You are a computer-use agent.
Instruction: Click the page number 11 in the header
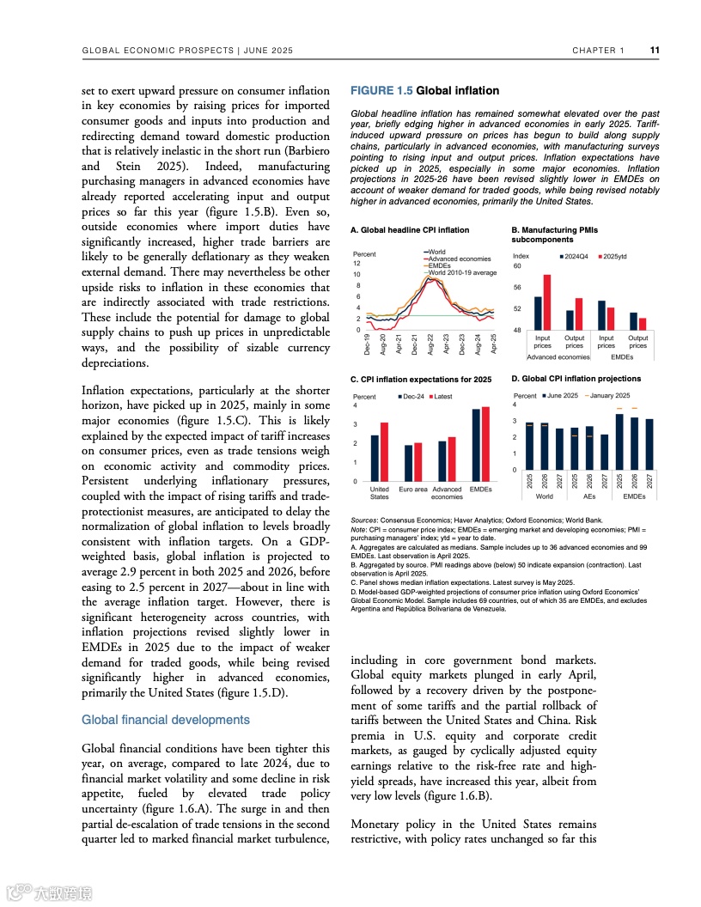[x=654, y=50]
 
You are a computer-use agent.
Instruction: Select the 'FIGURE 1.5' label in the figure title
[x=381, y=90]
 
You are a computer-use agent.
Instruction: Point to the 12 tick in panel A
[x=357, y=264]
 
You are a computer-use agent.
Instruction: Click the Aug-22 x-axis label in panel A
[x=430, y=344]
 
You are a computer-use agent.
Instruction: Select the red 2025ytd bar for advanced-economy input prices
[x=547, y=302]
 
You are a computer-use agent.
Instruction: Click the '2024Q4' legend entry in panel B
[x=575, y=256]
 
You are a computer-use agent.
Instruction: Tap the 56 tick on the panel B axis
[x=517, y=288]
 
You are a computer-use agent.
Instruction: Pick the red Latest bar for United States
[x=384, y=452]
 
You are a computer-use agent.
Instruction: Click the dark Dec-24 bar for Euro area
[x=408, y=463]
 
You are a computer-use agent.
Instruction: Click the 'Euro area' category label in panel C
[x=412, y=490]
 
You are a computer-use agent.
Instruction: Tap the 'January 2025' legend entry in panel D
[x=609, y=395]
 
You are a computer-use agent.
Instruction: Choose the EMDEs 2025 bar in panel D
[x=619, y=442]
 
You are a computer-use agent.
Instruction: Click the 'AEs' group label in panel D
[x=589, y=496]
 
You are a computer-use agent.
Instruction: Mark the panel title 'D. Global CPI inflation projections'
[x=576, y=379]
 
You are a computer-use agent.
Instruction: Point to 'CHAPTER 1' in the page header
[x=599, y=51]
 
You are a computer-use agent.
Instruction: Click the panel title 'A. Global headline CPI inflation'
[x=410, y=230]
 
